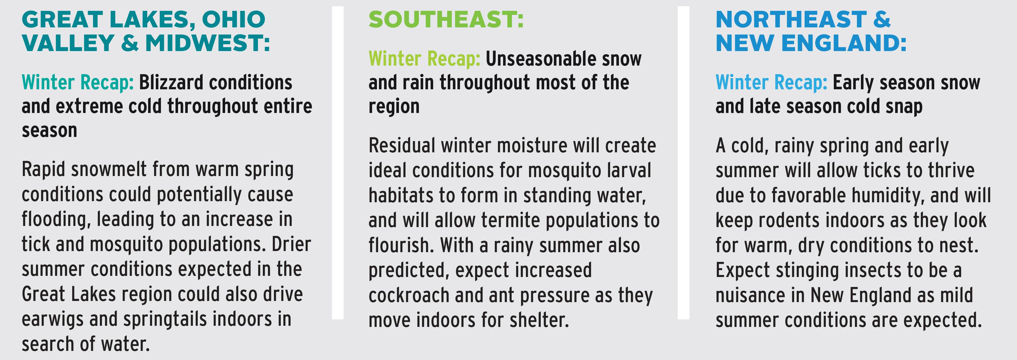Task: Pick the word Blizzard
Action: (171, 82)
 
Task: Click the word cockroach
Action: (409, 295)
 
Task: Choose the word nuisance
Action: (750, 295)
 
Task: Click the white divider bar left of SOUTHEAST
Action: (338, 163)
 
